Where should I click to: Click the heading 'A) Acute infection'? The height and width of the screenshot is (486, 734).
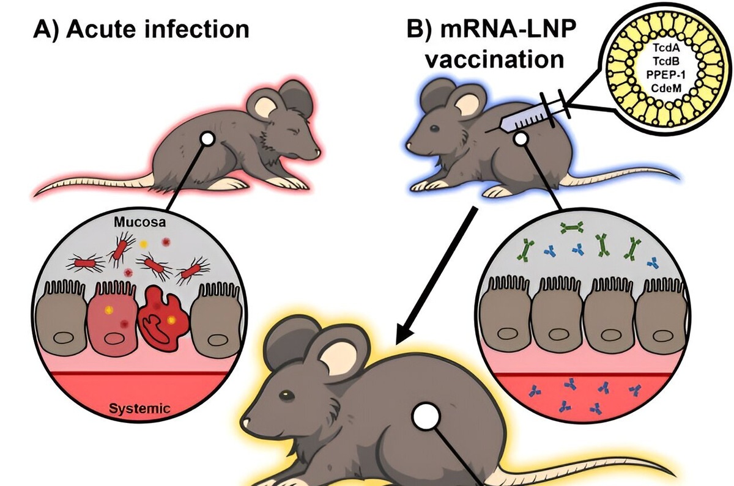tap(141, 29)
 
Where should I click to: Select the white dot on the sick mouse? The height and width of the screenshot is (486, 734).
tap(207, 140)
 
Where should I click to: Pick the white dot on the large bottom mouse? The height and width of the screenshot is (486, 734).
tap(424, 419)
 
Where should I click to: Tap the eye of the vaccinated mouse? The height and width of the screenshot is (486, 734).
tap(434, 129)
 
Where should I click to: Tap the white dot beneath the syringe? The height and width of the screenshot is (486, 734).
tap(521, 139)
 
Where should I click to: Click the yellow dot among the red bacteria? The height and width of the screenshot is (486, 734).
tap(144, 245)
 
